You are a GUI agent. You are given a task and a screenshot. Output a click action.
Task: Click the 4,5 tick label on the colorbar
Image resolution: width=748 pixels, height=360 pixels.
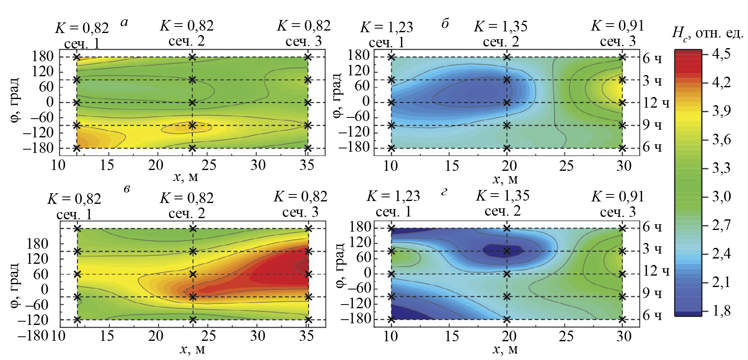[x=721, y=53]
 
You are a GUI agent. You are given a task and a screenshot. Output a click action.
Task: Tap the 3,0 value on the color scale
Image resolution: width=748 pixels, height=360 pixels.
[x=721, y=197]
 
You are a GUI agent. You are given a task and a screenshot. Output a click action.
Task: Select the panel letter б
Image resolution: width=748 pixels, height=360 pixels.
[x=445, y=24]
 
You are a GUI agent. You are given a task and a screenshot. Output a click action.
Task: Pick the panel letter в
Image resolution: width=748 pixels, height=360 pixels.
[x=127, y=188]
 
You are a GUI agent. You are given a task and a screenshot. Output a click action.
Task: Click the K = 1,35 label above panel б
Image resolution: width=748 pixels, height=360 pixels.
[x=500, y=27]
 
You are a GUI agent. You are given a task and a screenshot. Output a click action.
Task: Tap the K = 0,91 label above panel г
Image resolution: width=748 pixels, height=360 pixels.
[x=617, y=197]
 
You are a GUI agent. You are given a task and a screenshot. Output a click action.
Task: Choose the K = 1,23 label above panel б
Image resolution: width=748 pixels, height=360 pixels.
[x=386, y=27]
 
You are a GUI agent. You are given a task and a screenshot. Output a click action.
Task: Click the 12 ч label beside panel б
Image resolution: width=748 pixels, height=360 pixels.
[x=656, y=103]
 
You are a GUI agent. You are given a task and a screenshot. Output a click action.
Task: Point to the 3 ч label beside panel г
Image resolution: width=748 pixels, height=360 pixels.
[x=652, y=249]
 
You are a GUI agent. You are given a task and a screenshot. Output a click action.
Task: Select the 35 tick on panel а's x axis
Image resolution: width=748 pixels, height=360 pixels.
[x=307, y=165]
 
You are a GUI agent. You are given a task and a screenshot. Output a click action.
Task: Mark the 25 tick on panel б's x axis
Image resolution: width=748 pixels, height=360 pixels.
[x=566, y=166]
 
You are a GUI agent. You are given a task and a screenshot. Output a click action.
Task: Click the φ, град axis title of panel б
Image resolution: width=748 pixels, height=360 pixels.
[x=337, y=96]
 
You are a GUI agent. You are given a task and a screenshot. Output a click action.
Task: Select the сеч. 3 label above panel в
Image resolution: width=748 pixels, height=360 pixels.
[x=300, y=212]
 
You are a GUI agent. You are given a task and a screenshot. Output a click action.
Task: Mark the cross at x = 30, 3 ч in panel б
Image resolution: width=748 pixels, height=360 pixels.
[x=622, y=80]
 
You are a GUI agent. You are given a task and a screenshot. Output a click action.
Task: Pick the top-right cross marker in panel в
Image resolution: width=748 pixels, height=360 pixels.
[x=308, y=229]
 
